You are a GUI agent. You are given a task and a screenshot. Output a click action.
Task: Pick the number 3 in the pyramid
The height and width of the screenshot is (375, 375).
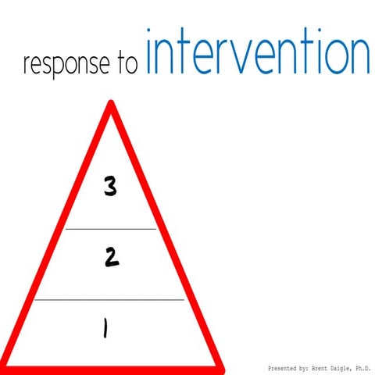[x=111, y=187]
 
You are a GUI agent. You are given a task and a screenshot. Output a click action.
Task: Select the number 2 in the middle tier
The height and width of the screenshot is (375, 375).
[x=112, y=258]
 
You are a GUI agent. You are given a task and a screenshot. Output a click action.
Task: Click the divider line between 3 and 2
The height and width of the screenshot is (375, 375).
[x=111, y=229]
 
